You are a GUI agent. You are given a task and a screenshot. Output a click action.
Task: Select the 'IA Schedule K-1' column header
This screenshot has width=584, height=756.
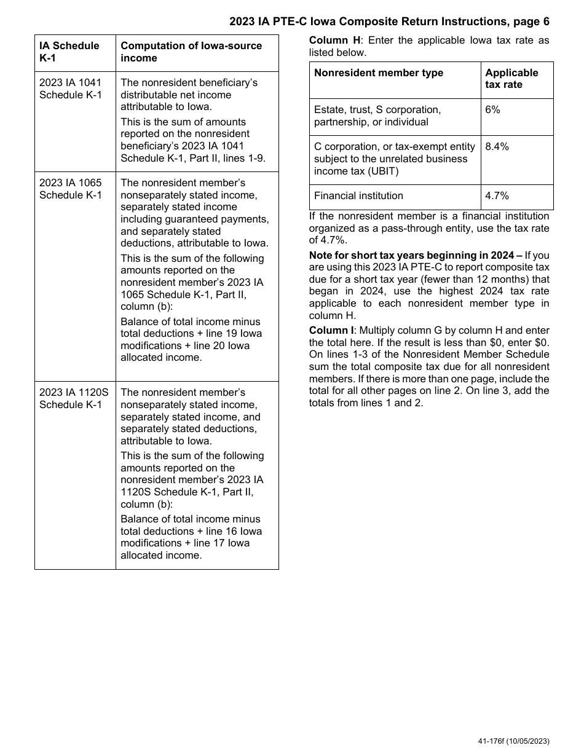(x=69, y=52)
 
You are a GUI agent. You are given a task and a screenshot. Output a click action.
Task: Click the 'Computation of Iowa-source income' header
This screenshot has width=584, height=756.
(x=191, y=52)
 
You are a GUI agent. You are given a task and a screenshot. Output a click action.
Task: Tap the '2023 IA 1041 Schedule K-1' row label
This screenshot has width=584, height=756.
(x=71, y=89)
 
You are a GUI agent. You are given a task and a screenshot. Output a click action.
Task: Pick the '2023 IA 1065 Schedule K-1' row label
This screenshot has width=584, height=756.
(x=71, y=189)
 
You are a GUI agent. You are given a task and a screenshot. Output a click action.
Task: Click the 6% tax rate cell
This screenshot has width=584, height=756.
(x=492, y=109)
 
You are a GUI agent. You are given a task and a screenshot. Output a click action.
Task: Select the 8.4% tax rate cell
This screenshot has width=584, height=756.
(x=497, y=146)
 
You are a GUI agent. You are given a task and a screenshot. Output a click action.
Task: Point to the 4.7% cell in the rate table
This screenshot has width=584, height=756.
(x=497, y=195)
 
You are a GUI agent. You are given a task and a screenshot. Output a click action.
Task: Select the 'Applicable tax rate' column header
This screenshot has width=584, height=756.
(x=511, y=79)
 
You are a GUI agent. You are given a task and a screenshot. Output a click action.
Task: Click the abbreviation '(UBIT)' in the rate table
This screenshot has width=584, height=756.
(x=381, y=171)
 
